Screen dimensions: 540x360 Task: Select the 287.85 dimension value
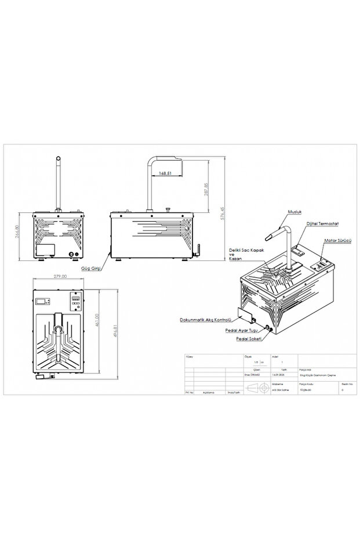point(206,189)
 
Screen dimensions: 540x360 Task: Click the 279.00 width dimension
point(60,277)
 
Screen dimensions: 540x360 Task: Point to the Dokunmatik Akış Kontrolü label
point(206,319)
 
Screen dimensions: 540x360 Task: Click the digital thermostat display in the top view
point(42,300)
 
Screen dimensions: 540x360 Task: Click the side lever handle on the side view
point(197,251)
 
